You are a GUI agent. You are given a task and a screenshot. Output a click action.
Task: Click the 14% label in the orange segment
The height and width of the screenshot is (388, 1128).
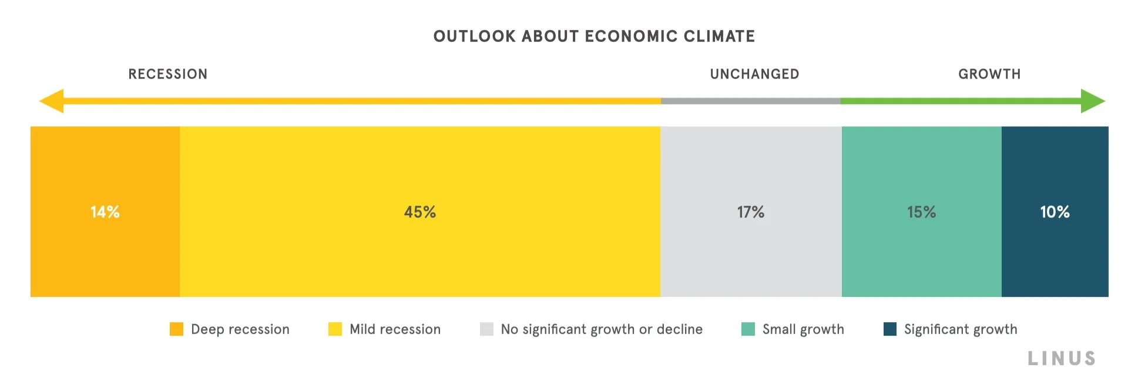pyautogui.click(x=105, y=212)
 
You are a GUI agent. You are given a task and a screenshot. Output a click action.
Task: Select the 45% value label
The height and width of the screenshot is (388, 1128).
pyautogui.click(x=419, y=212)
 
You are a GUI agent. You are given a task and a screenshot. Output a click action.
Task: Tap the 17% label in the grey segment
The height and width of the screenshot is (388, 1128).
pyautogui.click(x=751, y=212)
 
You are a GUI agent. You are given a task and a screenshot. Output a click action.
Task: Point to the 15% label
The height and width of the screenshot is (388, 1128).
pyautogui.click(x=921, y=212)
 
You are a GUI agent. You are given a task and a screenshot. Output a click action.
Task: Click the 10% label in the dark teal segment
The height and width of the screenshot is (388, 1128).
pyautogui.click(x=1055, y=212)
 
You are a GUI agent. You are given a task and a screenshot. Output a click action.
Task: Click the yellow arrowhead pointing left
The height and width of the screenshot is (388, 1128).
pyautogui.click(x=52, y=101)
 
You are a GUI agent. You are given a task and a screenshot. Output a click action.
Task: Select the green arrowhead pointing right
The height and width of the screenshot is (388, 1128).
pyautogui.click(x=1092, y=101)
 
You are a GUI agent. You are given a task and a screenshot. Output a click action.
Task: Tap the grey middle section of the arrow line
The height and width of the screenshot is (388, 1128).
pyautogui.click(x=750, y=101)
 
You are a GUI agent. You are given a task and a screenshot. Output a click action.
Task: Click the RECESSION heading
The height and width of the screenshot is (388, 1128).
pyautogui.click(x=168, y=74)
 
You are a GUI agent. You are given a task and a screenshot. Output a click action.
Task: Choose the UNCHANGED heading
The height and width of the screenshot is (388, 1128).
pyautogui.click(x=754, y=74)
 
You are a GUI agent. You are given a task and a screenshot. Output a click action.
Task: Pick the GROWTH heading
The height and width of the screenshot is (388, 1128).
pyautogui.click(x=989, y=74)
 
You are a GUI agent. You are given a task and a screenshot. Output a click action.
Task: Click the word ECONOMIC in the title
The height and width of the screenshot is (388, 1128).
pyautogui.click(x=632, y=36)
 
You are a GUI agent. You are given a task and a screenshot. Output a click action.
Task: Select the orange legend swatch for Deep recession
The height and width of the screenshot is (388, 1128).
pyautogui.click(x=176, y=329)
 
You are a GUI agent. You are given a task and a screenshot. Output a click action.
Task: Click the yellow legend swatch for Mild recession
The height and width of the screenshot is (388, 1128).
pyautogui.click(x=335, y=329)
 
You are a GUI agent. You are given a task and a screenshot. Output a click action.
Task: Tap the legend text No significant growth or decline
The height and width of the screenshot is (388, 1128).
pyautogui.click(x=602, y=329)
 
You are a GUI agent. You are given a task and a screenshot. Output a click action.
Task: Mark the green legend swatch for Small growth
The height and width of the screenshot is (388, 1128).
pyautogui.click(x=748, y=329)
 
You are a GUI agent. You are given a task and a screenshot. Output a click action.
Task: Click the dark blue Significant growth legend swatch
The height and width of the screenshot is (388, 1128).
pyautogui.click(x=889, y=329)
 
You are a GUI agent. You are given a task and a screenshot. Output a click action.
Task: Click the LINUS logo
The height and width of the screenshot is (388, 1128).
pyautogui.click(x=1062, y=359)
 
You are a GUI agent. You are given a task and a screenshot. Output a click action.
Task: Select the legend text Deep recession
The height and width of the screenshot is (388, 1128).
pyautogui.click(x=240, y=329)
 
